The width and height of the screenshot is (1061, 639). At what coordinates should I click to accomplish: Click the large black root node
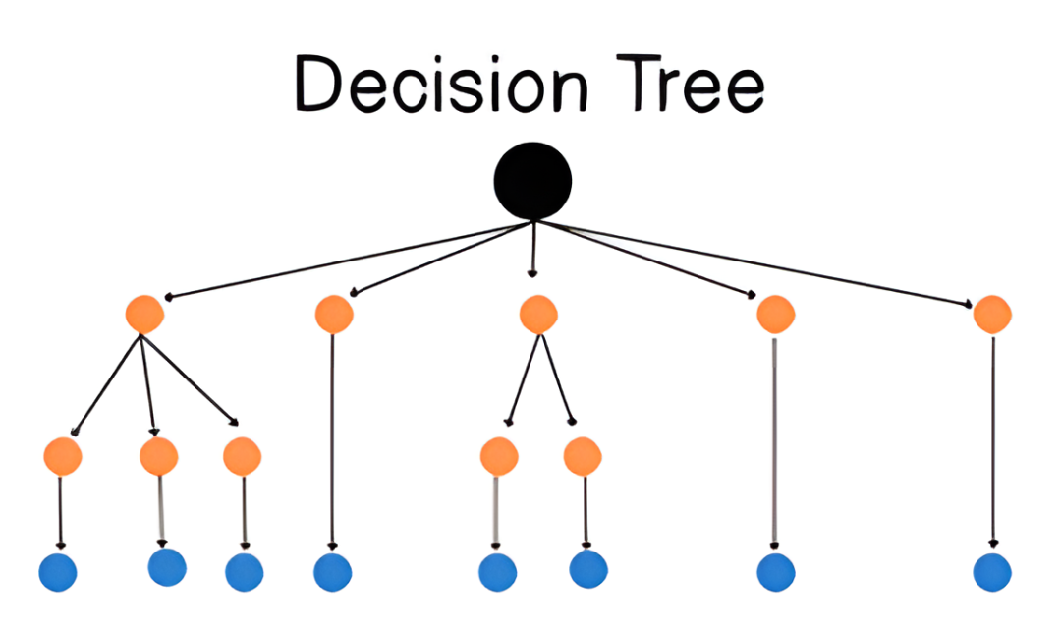point(532,182)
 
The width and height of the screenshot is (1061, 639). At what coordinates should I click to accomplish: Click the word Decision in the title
point(442,84)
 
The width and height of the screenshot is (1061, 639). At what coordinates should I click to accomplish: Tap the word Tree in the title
point(691,84)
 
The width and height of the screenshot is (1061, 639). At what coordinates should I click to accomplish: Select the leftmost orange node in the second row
point(144,314)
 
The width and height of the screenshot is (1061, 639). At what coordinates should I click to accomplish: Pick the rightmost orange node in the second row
point(992,314)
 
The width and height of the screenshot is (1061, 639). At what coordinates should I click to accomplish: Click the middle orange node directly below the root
point(538,314)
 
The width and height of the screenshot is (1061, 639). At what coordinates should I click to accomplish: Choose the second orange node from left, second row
point(334,314)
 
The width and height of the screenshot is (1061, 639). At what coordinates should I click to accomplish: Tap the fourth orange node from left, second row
point(775,314)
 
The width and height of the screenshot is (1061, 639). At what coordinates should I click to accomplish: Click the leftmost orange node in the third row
point(62,456)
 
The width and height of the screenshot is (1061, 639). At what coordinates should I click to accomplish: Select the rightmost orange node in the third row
point(583,456)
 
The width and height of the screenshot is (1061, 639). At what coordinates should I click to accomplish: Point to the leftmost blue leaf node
point(58,573)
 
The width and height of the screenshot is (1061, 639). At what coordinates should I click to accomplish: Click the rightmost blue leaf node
point(992,573)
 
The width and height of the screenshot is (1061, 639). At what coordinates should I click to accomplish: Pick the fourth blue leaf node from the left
point(332,573)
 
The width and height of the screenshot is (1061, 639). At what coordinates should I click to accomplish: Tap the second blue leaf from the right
point(775,573)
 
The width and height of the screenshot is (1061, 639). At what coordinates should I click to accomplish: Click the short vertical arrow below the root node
point(532,249)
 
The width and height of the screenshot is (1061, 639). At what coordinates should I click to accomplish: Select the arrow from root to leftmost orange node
point(349,260)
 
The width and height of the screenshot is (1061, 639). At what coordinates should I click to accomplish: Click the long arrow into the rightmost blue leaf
point(992,441)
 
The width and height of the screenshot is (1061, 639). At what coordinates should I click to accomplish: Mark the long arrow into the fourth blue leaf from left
point(332,441)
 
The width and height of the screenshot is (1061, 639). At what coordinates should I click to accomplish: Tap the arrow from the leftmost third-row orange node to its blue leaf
point(60,512)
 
